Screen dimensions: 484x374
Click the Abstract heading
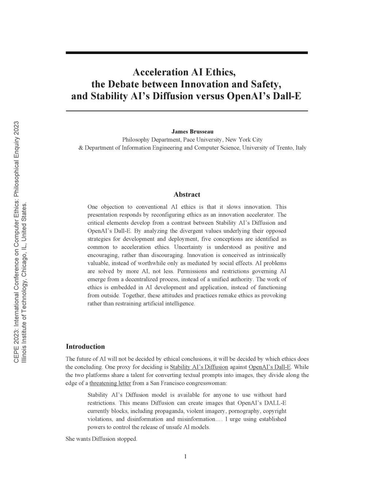[x=187, y=194]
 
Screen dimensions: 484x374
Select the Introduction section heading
[x=85, y=346]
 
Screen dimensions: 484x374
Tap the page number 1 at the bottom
[x=186, y=456]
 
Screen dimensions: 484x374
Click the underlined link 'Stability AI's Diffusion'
[x=199, y=367]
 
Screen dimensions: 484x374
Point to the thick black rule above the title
[x=187, y=53]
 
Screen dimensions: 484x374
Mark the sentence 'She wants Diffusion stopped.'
[x=102, y=439]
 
